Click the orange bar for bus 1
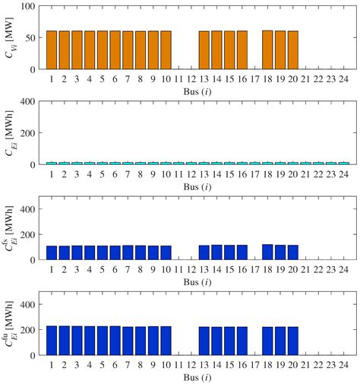(x=52, y=50)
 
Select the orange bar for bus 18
(x=267, y=50)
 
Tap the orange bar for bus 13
(x=204, y=50)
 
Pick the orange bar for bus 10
(x=166, y=50)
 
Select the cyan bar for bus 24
(x=343, y=163)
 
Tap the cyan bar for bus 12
(x=191, y=163)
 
